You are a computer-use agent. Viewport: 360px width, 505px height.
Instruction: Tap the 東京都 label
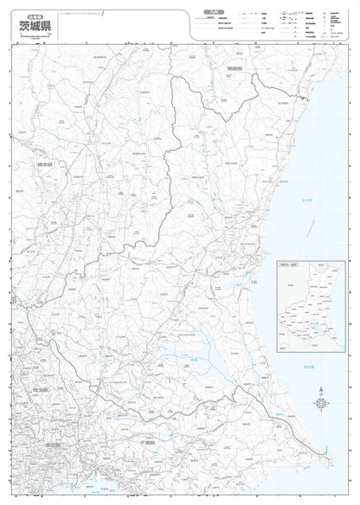[49, 444]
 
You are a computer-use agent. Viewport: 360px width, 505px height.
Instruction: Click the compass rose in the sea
[322, 405]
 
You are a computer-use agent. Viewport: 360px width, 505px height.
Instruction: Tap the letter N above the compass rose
[322, 393]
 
